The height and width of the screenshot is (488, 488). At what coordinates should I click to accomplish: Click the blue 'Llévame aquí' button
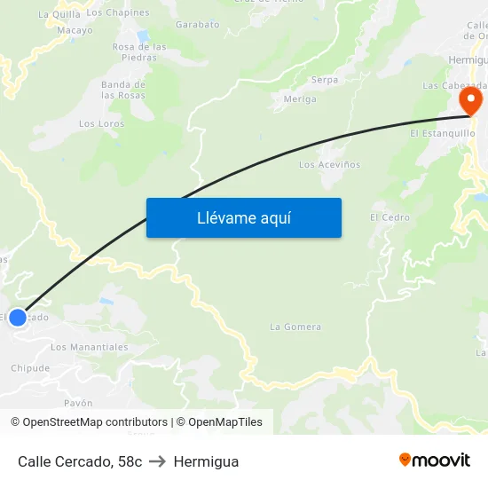tap(244, 217)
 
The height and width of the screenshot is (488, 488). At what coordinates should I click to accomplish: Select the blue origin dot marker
tap(18, 317)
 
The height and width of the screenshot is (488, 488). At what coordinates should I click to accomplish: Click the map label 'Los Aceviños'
tap(329, 165)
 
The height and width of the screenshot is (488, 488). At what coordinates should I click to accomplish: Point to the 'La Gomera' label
tap(295, 327)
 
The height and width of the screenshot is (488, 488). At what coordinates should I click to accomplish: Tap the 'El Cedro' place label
tap(390, 217)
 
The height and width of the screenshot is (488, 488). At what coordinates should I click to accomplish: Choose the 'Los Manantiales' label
tap(89, 347)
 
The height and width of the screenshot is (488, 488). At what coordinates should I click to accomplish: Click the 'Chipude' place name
tap(30, 367)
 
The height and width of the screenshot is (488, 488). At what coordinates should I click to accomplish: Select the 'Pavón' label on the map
tap(78, 403)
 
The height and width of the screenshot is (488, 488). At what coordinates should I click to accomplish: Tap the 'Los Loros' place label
tap(102, 124)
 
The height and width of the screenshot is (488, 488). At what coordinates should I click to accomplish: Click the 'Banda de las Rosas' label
tap(122, 90)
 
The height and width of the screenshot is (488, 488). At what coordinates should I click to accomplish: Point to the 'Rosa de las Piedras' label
tap(139, 51)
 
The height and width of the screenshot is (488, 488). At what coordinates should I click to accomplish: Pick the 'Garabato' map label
tap(197, 25)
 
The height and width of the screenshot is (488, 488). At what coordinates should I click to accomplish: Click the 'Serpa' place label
tap(324, 80)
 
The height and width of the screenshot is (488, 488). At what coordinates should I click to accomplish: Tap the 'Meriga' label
tap(300, 99)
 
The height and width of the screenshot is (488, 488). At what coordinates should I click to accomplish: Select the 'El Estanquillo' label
tap(442, 133)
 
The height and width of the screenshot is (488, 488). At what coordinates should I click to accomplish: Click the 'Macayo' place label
tap(75, 30)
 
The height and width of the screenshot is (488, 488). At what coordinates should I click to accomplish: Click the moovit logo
tap(435, 460)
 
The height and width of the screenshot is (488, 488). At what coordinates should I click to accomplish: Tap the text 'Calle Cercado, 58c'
tap(80, 461)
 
